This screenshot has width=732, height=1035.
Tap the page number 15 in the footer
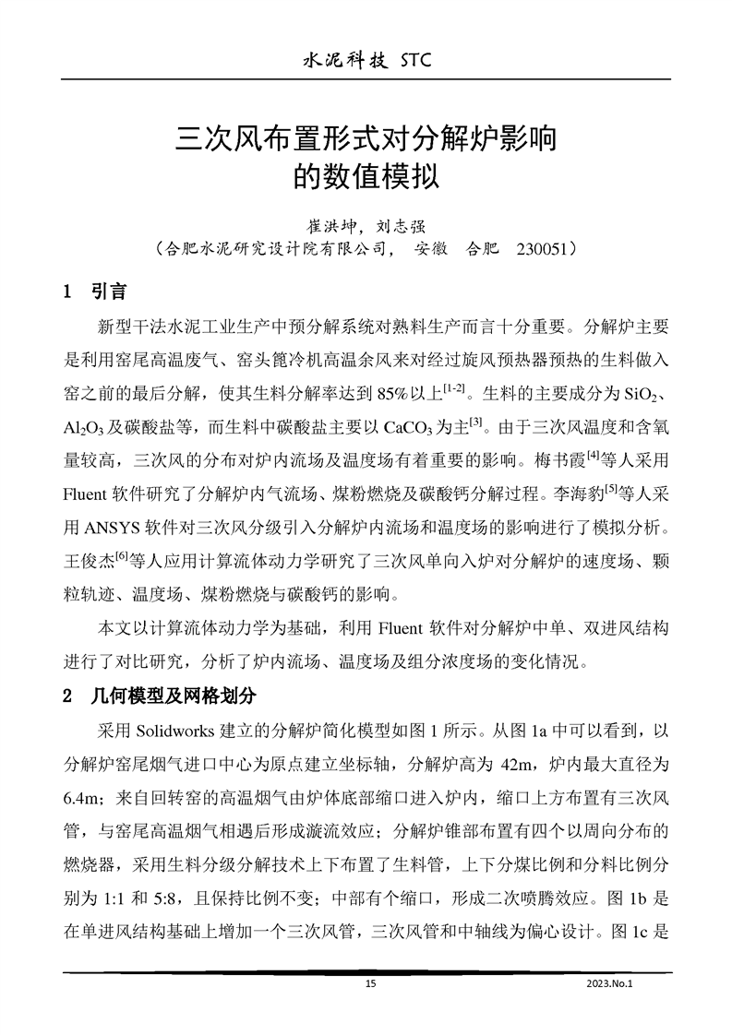(371, 984)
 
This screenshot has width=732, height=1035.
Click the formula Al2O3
(85, 431)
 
